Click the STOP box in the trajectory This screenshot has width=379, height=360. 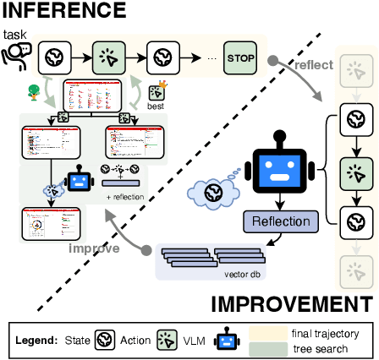[x=239, y=57]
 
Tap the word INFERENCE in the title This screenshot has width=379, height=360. [x=63, y=12]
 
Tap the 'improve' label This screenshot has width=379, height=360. [x=92, y=249]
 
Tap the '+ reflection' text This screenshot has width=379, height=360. [x=124, y=197]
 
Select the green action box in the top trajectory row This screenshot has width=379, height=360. [x=108, y=57]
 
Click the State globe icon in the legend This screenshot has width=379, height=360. [x=106, y=341]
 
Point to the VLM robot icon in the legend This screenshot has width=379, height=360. [x=227, y=341]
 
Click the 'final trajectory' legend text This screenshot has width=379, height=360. [x=325, y=334]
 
